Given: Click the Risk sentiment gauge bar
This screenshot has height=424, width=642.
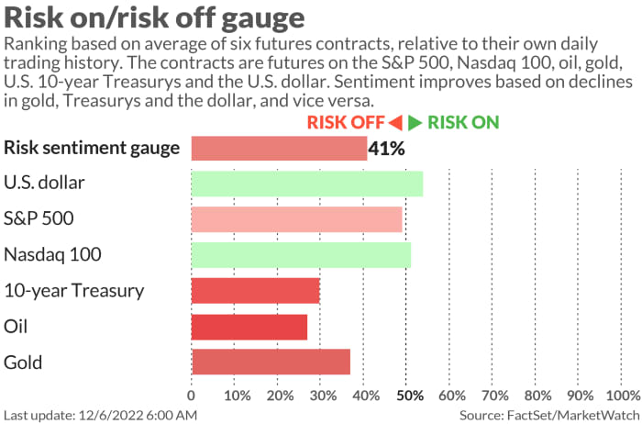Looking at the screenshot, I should click(279, 148).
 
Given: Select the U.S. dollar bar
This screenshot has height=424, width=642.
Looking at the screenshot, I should click(306, 184).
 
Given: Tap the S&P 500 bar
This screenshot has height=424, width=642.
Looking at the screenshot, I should click(296, 219).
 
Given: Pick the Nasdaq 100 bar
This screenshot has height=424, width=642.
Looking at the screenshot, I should click(301, 255).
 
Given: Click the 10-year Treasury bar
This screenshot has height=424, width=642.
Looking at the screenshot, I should click(255, 291).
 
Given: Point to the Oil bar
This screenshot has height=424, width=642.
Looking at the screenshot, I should click(249, 327).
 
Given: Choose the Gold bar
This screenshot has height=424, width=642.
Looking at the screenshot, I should click(271, 363).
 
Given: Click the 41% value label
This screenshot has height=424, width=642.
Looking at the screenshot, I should click(386, 148).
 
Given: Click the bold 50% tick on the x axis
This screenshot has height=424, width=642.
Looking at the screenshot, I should click(409, 396).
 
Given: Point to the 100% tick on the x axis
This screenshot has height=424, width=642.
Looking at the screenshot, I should click(623, 396).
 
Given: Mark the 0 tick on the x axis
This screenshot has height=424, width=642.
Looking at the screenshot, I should click(191, 396).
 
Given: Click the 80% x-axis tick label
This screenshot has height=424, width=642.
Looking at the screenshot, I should click(538, 396).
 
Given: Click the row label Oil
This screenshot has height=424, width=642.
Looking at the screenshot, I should click(17, 327).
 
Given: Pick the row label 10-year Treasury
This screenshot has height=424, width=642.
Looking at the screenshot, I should click(74, 291).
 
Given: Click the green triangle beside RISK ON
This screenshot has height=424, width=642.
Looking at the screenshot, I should click(415, 123).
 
